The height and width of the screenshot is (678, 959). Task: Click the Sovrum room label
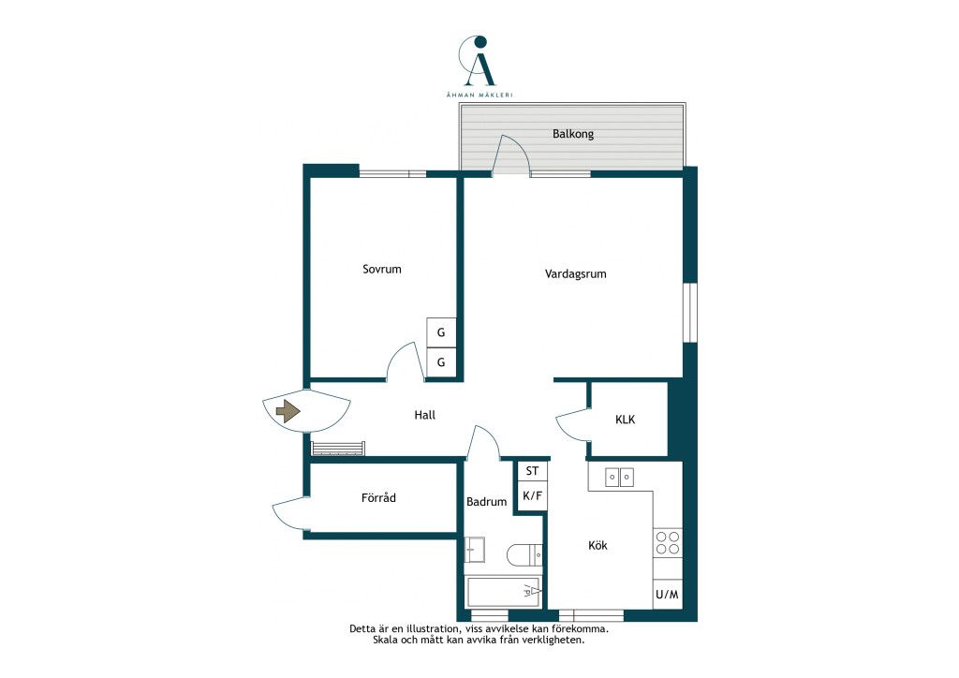tap(382, 269)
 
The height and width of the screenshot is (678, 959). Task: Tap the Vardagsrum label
tap(576, 273)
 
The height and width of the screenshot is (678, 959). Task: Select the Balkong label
tap(573, 134)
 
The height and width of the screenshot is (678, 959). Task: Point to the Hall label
tap(424, 415)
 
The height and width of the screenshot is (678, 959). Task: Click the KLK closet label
tap(625, 420)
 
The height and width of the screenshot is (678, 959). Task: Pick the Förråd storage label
tap(378, 497)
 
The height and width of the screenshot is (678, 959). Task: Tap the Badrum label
tap(486, 502)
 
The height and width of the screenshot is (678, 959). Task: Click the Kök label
tap(598, 545)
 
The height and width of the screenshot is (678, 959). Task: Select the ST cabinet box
tap(532, 471)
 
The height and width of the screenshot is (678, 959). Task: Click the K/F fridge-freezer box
tap(532, 495)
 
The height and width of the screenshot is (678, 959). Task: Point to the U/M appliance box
tap(667, 594)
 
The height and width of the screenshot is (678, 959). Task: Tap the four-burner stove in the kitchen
tap(668, 543)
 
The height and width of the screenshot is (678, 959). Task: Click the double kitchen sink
tap(619, 477)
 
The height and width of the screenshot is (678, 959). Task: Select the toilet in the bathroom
tap(524, 555)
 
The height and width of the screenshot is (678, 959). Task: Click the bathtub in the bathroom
tap(503, 591)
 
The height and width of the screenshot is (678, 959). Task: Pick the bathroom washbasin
tap(475, 550)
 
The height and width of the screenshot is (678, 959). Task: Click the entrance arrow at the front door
tap(288, 411)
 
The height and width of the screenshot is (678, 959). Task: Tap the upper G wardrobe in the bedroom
tap(441, 332)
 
